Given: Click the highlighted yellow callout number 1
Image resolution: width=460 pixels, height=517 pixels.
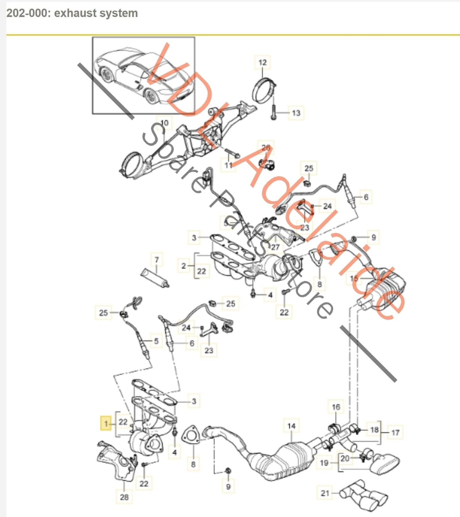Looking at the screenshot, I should click(x=106, y=423).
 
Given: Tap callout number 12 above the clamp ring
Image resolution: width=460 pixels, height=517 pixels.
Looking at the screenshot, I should click(x=262, y=62).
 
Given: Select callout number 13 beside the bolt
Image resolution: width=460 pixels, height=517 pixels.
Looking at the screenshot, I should click(x=296, y=113).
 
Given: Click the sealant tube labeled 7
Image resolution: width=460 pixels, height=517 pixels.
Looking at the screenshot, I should click(x=155, y=277).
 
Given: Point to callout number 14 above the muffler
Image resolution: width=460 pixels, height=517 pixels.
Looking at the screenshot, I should click(x=291, y=426).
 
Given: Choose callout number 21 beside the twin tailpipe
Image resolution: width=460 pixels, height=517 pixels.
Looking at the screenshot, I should click(x=325, y=493).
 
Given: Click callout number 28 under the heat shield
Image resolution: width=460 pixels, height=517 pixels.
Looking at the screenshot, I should click(x=124, y=497).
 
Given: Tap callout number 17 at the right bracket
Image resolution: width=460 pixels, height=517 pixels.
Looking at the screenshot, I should click(x=395, y=432).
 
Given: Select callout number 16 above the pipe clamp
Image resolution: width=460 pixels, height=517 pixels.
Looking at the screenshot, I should click(x=336, y=407).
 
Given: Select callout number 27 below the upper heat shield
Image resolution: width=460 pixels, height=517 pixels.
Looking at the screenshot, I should click(x=275, y=247).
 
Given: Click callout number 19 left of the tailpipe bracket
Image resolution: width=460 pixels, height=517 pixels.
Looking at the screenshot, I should click(x=324, y=463).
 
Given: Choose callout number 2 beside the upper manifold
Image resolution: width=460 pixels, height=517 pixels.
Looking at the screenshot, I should click(x=183, y=266).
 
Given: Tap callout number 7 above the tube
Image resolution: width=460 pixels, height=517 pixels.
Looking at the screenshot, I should click(x=156, y=260).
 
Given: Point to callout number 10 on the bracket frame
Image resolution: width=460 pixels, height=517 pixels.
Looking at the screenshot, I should click(x=164, y=123).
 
